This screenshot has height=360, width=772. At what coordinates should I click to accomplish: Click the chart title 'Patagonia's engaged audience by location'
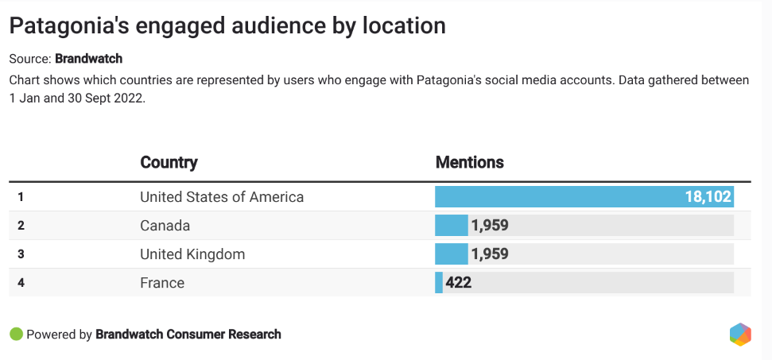click(227, 25)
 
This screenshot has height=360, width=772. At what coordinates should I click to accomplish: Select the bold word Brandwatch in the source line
click(88, 59)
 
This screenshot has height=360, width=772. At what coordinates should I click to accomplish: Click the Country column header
click(169, 163)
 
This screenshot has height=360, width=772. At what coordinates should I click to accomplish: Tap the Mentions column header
click(469, 163)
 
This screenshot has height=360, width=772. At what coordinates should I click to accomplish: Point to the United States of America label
click(222, 197)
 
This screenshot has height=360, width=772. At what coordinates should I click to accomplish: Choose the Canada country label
click(165, 226)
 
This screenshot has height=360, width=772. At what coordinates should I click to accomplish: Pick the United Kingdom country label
click(192, 254)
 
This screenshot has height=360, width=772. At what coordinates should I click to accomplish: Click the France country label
click(162, 283)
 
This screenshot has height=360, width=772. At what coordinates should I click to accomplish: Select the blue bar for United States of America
click(557, 197)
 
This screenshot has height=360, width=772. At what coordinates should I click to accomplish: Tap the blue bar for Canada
click(451, 226)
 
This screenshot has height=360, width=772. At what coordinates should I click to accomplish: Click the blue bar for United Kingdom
click(451, 254)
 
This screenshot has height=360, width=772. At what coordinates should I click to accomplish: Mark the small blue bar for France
click(439, 283)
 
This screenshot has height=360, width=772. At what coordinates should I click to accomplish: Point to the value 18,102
click(708, 197)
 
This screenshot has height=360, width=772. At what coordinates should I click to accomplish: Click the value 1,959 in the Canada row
click(489, 226)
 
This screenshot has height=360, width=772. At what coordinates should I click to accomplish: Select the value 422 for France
click(459, 283)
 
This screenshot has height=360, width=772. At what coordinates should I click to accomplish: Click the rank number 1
click(21, 197)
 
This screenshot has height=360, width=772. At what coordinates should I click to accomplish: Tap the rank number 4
click(21, 283)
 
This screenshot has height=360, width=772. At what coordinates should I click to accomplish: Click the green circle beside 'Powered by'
click(16, 335)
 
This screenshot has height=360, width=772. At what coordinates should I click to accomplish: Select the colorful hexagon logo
click(740, 335)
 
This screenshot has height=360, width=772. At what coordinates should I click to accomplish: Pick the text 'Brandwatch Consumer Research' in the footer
click(188, 335)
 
